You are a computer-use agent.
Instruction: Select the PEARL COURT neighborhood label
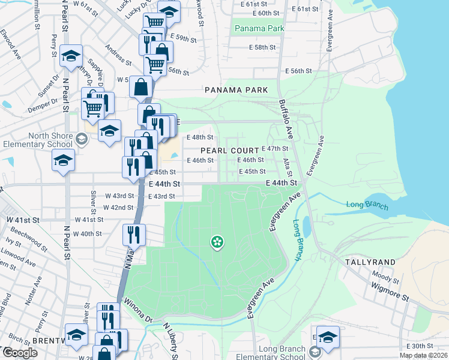tap(230, 151)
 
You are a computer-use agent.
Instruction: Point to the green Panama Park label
tap(259, 28)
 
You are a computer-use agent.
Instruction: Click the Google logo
tap(20, 352)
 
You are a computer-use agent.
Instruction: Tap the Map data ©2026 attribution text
tap(423, 355)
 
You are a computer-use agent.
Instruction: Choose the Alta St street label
tap(287, 161)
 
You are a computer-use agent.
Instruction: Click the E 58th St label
tap(262, 47)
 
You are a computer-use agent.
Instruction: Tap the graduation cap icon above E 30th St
tap(328, 337)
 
